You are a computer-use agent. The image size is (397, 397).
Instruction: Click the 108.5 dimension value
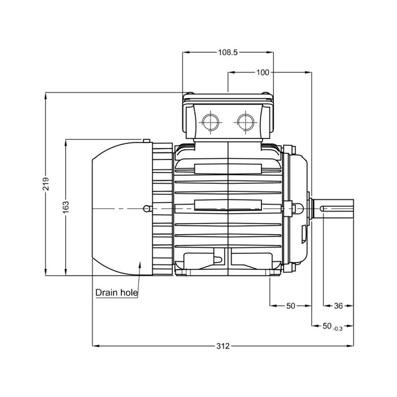click(x=227, y=52)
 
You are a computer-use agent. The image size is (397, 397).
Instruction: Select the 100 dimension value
click(x=263, y=72)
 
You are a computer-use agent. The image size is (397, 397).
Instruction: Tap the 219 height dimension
click(x=47, y=184)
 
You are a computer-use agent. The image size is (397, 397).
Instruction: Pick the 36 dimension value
click(x=338, y=306)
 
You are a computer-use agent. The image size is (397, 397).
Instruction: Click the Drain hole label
click(x=116, y=293)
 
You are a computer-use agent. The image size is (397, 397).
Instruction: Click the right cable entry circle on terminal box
click(x=246, y=121)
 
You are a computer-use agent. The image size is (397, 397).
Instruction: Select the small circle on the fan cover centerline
click(x=147, y=209)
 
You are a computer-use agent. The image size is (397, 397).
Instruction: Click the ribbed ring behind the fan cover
click(x=162, y=208)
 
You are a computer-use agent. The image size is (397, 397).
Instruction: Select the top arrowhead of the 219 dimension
click(x=47, y=95)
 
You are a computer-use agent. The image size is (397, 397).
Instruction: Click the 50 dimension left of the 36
click(x=290, y=306)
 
